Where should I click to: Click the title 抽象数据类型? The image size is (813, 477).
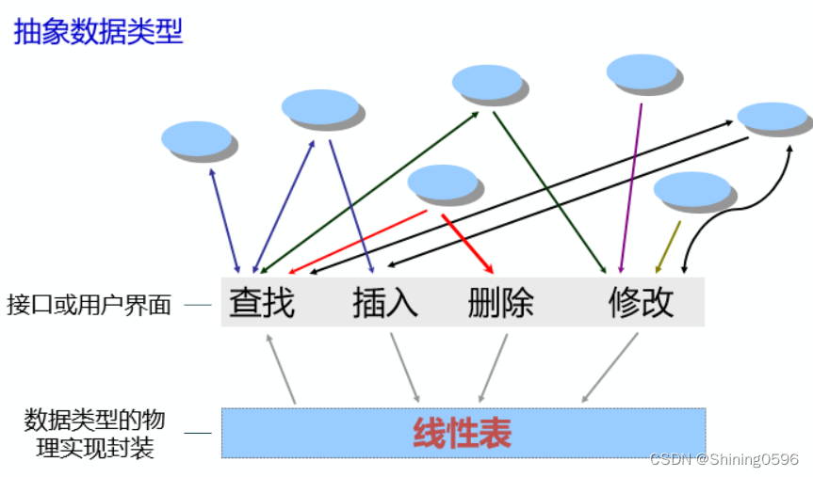[97, 32]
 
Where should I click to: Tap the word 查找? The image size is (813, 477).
[262, 303]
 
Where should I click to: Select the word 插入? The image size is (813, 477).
[385, 303]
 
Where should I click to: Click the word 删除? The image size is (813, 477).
[500, 303]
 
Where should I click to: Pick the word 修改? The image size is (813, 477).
[642, 303]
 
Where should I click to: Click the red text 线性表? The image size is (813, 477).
[462, 433]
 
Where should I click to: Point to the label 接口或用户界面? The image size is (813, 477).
[89, 305]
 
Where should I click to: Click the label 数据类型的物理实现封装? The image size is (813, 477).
[89, 433]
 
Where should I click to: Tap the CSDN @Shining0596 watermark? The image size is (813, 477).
[724, 460]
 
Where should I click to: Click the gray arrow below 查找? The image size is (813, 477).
[281, 369]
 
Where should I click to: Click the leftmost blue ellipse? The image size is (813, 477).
[196, 138]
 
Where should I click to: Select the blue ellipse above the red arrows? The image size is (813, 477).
[442, 182]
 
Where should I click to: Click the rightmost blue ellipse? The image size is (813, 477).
[772, 117]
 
